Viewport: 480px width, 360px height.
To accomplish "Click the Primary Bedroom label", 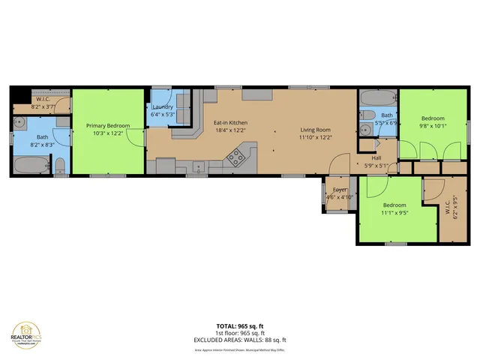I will pyautogui.click(x=108, y=125).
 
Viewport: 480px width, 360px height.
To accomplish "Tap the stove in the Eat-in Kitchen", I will pyautogui.click(x=235, y=157).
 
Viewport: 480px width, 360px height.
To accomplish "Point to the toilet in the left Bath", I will pyautogui.click(x=61, y=163).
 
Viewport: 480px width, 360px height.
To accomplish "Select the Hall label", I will pyautogui.click(x=376, y=157).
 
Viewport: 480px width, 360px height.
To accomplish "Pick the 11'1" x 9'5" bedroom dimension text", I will pyautogui.click(x=394, y=212).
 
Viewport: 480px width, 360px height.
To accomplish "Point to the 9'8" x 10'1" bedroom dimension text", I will pyautogui.click(x=432, y=126).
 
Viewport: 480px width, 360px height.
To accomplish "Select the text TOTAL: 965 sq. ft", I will pyautogui.click(x=239, y=326).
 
